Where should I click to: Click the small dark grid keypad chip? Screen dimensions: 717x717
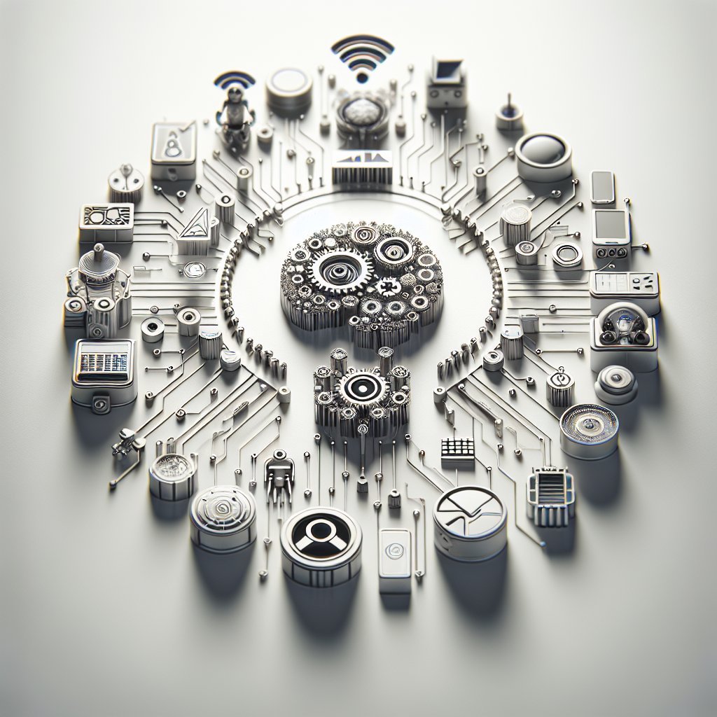[458, 451]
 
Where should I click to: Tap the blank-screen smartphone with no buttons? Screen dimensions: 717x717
[603, 186]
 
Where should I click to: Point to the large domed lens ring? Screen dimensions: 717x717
[543, 152]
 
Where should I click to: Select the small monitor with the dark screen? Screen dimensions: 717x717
[446, 76]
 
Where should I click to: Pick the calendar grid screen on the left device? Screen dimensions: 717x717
[104, 362]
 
